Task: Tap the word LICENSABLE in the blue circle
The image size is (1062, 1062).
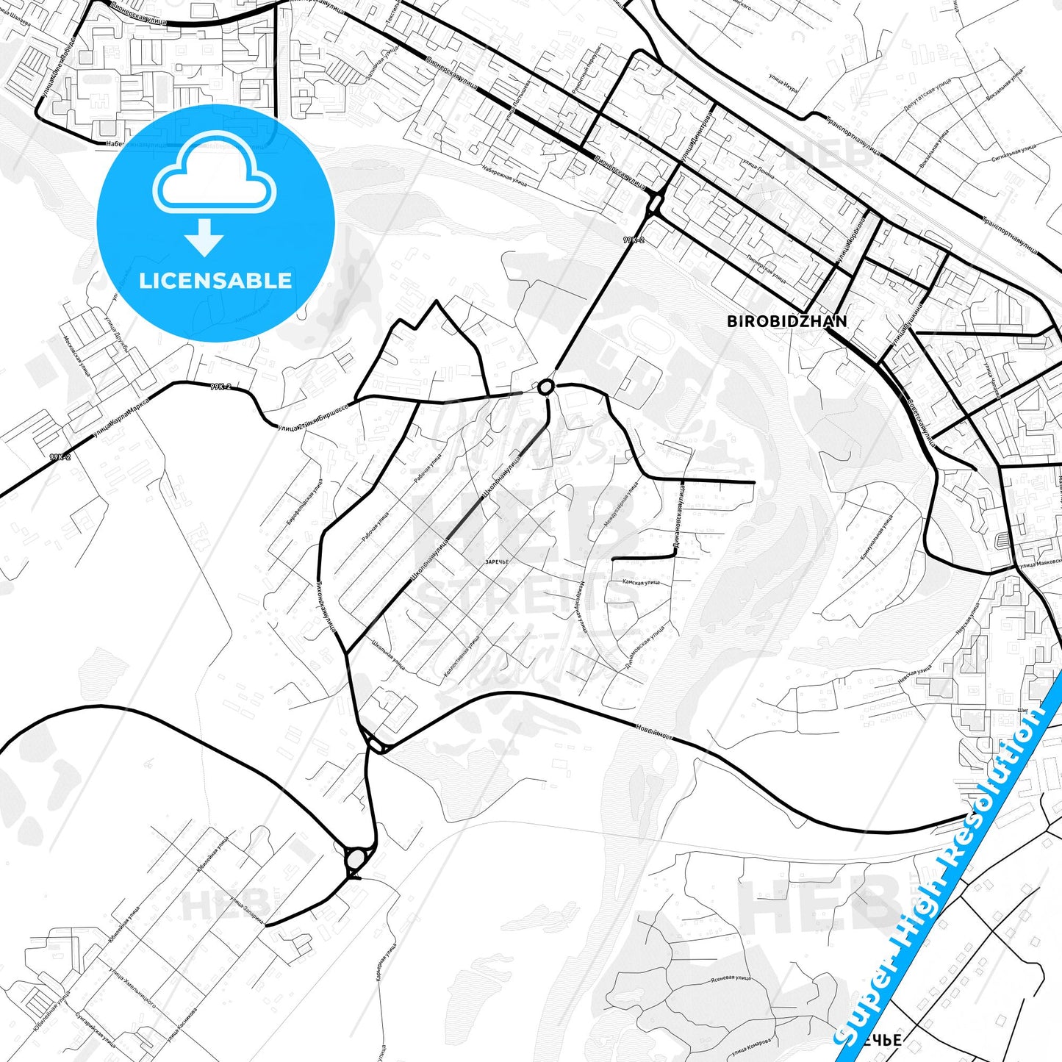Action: tap(215, 280)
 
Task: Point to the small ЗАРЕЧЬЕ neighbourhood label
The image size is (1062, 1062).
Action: tap(497, 562)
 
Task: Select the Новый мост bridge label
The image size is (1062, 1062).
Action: tap(653, 732)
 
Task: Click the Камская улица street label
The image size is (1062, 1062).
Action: tap(641, 581)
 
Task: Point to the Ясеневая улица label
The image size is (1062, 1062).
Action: tap(732, 978)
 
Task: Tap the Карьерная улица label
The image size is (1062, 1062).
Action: tap(387, 964)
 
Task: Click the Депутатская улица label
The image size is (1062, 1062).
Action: tap(927, 96)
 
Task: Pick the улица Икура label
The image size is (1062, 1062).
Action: tap(783, 80)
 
